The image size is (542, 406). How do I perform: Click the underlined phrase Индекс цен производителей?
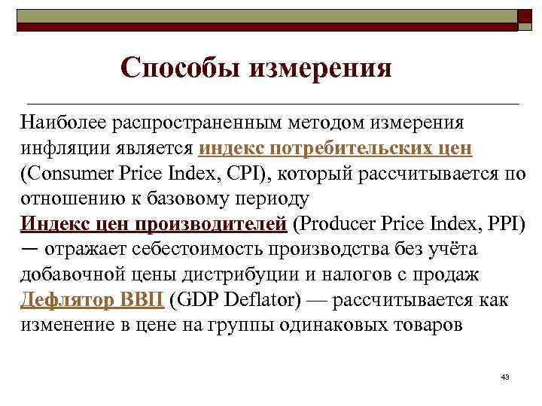click(x=154, y=224)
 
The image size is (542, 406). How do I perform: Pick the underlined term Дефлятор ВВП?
click(x=93, y=301)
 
